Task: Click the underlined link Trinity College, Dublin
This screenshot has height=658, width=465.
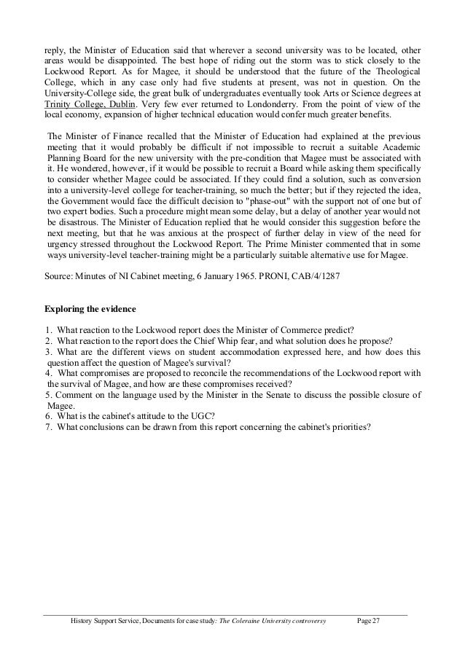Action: click(80, 103)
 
